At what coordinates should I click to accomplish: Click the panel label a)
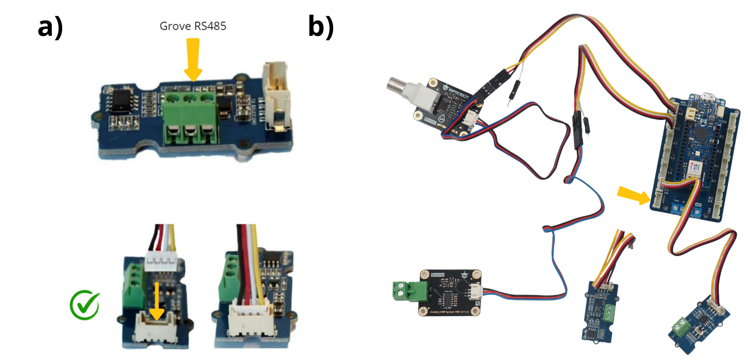click(x=50, y=27)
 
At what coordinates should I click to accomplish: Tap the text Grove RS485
click(x=193, y=26)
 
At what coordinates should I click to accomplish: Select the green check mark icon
click(x=85, y=304)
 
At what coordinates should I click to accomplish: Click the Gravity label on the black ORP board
click(x=438, y=275)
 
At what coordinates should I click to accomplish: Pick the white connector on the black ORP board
click(x=475, y=291)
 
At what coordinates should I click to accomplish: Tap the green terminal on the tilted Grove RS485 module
click(x=680, y=325)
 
